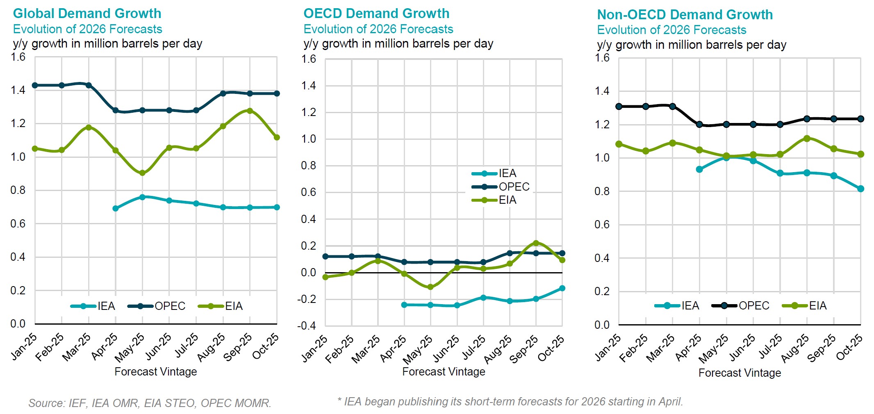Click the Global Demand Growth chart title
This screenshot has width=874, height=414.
pos(87,14)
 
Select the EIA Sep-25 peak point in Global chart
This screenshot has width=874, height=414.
pos(250,111)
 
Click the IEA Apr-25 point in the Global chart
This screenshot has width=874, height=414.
pos(116,209)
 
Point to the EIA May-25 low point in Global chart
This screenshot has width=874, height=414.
pos(142,173)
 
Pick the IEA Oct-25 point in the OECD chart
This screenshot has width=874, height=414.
pos(562,288)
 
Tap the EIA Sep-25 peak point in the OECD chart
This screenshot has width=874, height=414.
pos(536,243)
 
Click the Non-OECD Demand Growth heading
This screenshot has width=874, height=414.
pos(685,15)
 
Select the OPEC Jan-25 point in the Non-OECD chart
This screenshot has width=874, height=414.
pos(619,107)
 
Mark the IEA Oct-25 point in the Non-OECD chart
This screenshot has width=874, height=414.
pos(860,189)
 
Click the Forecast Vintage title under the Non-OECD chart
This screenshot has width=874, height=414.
pos(740,373)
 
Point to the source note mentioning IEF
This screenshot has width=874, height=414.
pos(150,403)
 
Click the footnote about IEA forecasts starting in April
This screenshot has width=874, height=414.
pos(510,402)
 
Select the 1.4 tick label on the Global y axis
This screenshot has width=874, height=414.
pos(18,90)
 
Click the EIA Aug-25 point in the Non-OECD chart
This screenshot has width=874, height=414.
pos(807,139)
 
